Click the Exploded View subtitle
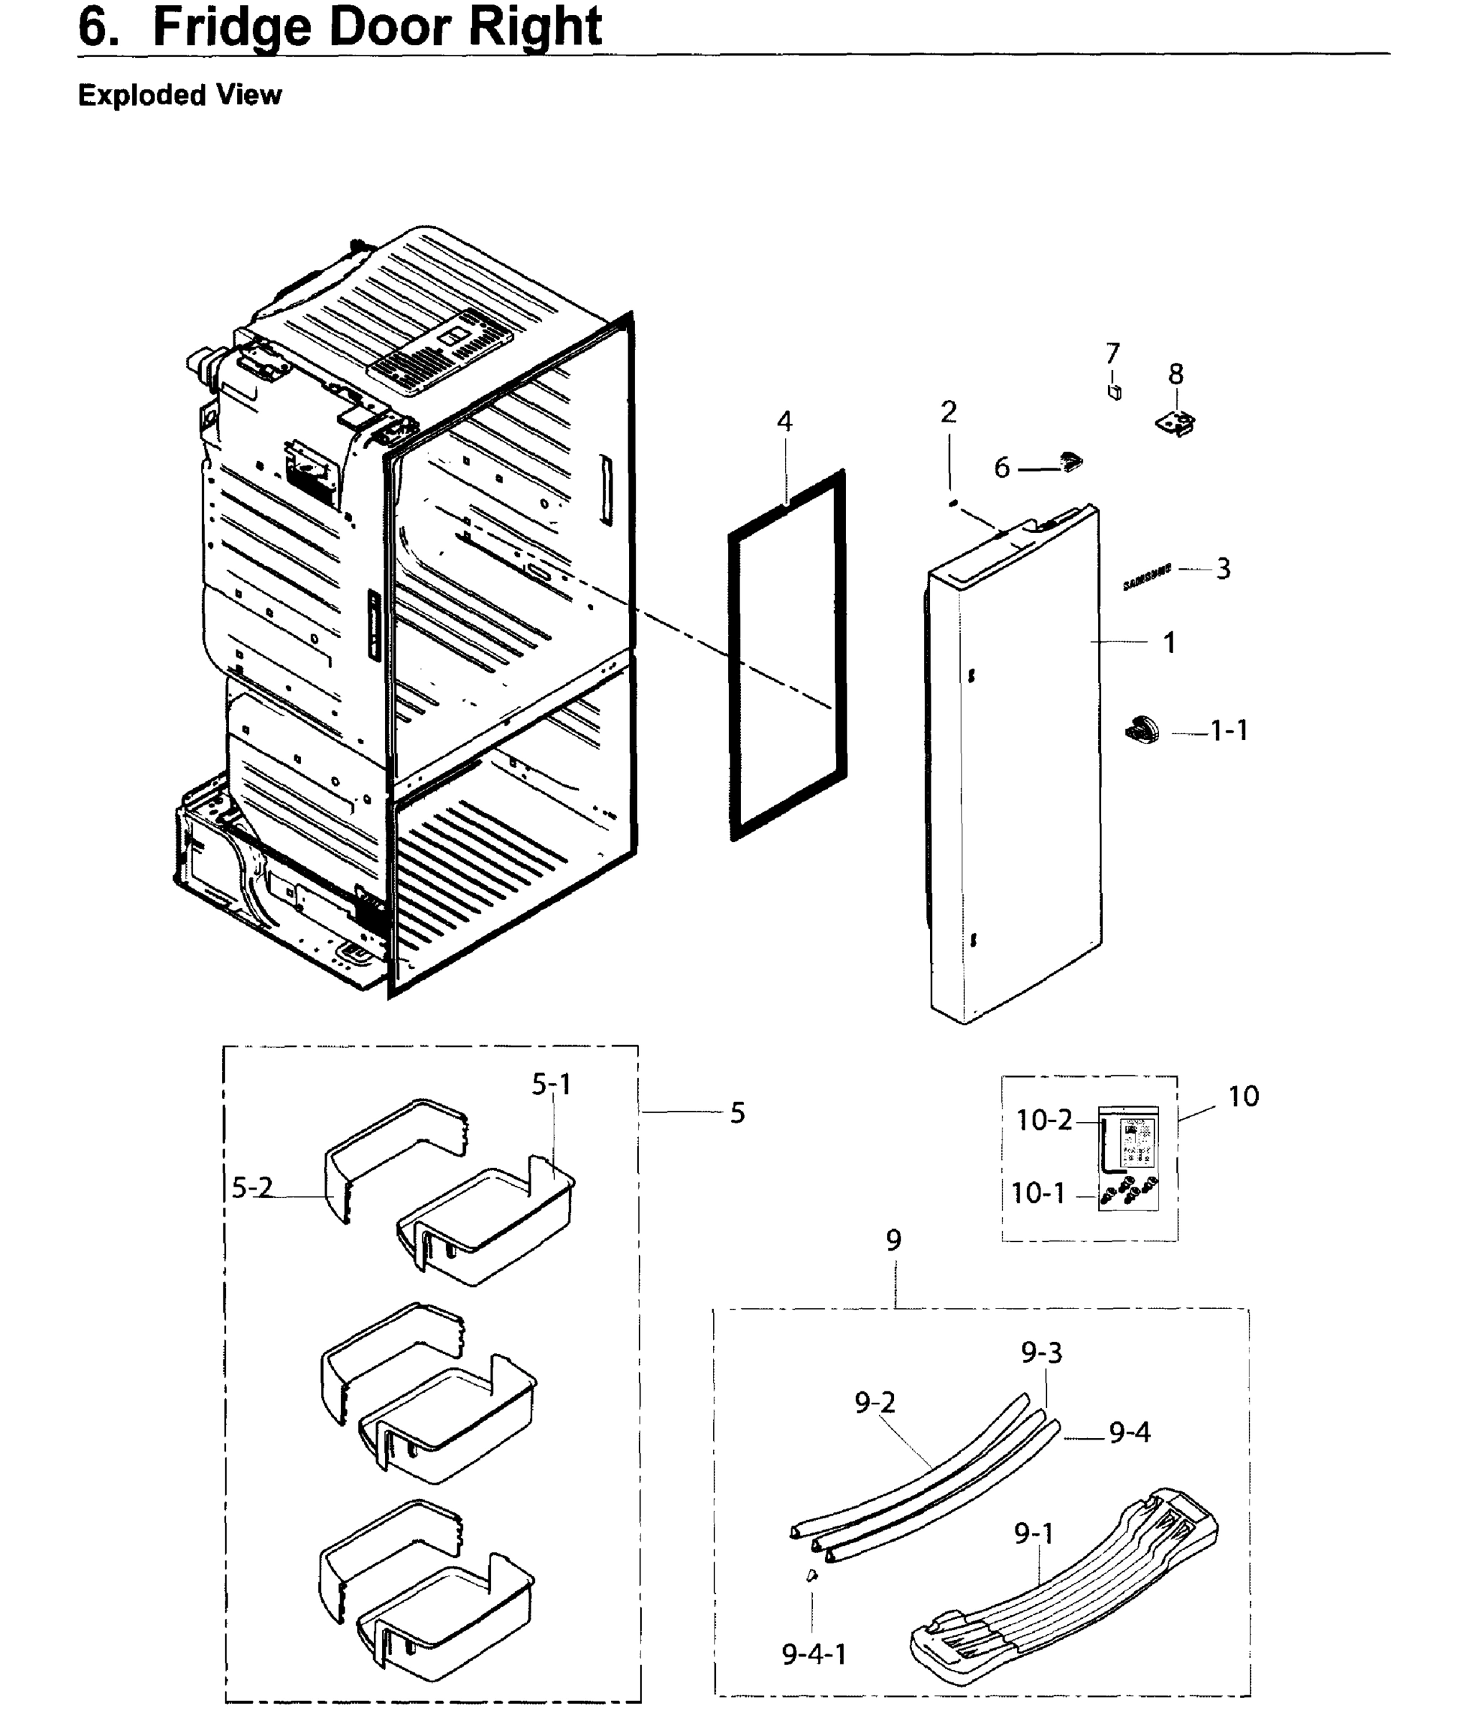[x=180, y=95]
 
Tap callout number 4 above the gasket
[x=784, y=422]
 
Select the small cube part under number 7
[x=1115, y=392]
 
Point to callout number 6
[x=1002, y=468]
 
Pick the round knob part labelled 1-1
[x=1143, y=729]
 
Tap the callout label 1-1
[x=1229, y=731]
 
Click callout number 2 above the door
[x=949, y=412]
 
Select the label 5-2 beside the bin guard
[x=251, y=1188]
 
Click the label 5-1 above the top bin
[x=552, y=1084]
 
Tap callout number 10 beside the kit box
[x=1243, y=1097]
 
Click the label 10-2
[x=1044, y=1121]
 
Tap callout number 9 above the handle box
[x=893, y=1241]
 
